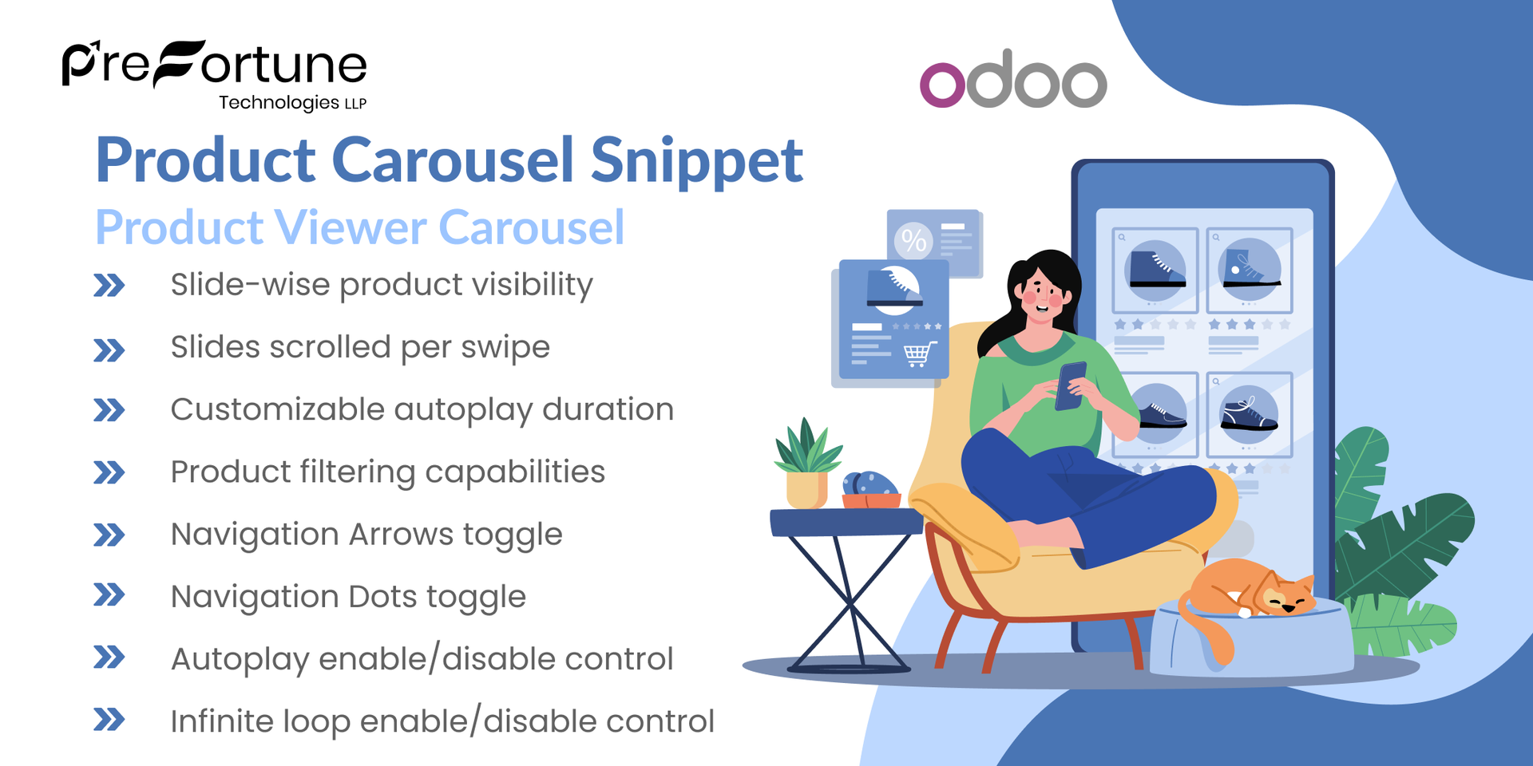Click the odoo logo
[x=1013, y=81]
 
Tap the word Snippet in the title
[x=696, y=160]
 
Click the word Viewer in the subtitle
[x=351, y=227]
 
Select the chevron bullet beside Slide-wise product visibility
[x=109, y=286]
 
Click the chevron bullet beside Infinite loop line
[x=109, y=720]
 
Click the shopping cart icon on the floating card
[x=918, y=353]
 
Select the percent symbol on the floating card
[x=913, y=240]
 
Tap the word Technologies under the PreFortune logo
[x=279, y=103]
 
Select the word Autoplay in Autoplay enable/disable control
[x=240, y=660]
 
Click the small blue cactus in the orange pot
[x=870, y=484]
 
